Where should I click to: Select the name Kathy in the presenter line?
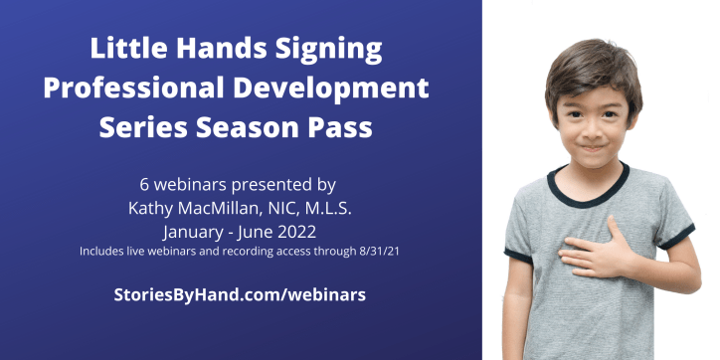152,208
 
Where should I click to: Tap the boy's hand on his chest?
588,251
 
